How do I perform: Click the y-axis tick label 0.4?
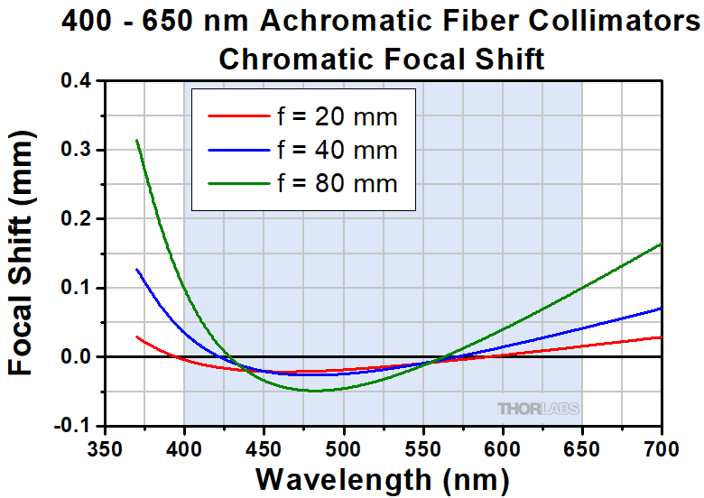[x=77, y=80]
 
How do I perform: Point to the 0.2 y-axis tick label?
[x=77, y=218]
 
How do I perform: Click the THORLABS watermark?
[x=538, y=409]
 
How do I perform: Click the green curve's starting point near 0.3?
[x=136, y=141]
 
